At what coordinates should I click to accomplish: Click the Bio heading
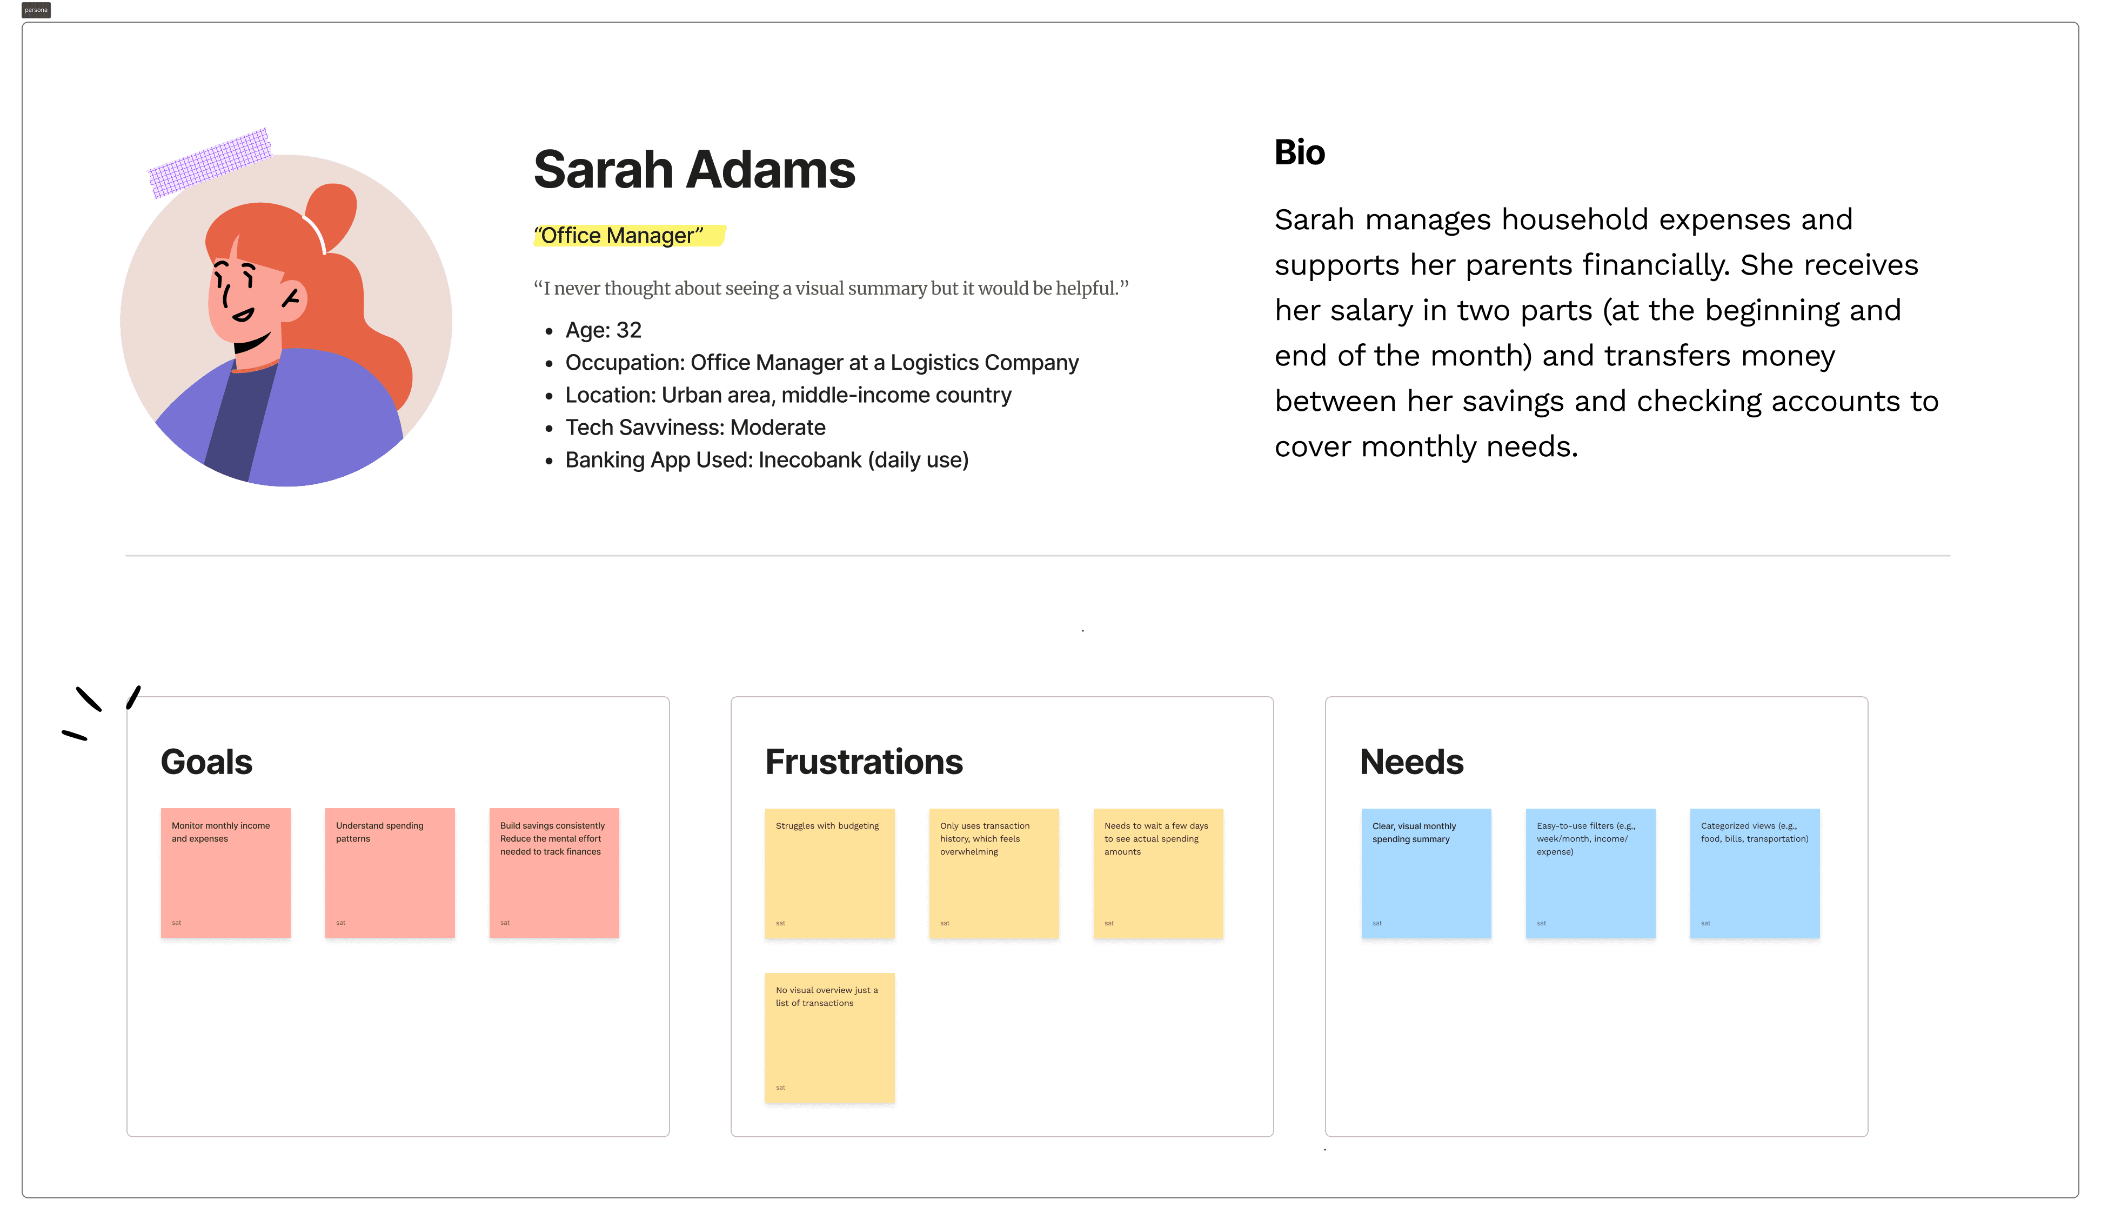click(1299, 152)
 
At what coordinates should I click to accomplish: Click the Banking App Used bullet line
click(766, 461)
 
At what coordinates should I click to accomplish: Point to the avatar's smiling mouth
click(252, 342)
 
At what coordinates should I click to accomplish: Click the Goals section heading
click(206, 762)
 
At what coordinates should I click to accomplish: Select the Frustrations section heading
click(864, 762)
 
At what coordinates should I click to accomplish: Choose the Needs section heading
click(1411, 762)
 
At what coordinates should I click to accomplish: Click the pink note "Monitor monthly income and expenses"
click(226, 873)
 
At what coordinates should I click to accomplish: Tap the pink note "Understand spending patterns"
click(390, 873)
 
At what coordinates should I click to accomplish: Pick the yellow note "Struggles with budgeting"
click(829, 873)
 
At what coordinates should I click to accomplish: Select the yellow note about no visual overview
click(829, 1037)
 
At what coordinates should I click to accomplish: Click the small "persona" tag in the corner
click(36, 10)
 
